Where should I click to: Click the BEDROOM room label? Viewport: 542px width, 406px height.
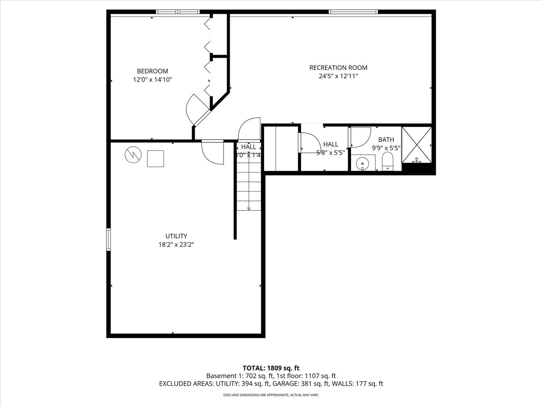click(152, 71)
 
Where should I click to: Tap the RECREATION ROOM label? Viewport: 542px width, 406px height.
click(338, 67)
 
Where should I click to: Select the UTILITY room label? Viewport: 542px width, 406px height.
click(176, 236)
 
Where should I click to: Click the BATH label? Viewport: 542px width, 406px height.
click(386, 140)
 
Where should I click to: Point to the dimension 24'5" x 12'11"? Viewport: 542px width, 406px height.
click(338, 76)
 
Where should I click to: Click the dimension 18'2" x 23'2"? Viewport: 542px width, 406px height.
click(176, 244)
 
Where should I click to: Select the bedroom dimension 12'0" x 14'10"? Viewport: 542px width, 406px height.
click(152, 80)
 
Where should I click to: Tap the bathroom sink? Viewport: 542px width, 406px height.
click(362, 163)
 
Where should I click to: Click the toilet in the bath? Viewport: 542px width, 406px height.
click(387, 162)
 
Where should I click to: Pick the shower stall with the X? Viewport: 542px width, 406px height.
click(417, 144)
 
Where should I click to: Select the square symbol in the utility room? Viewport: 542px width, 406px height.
click(155, 159)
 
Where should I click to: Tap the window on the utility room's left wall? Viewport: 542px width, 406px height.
click(108, 240)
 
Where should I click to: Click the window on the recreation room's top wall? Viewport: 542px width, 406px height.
click(353, 12)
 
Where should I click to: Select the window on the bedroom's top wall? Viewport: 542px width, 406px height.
click(177, 12)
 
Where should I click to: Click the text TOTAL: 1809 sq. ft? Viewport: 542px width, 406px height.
click(271, 368)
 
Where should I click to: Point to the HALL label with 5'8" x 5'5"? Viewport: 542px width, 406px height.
click(331, 145)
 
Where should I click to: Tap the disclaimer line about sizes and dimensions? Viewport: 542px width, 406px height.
click(271, 395)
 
